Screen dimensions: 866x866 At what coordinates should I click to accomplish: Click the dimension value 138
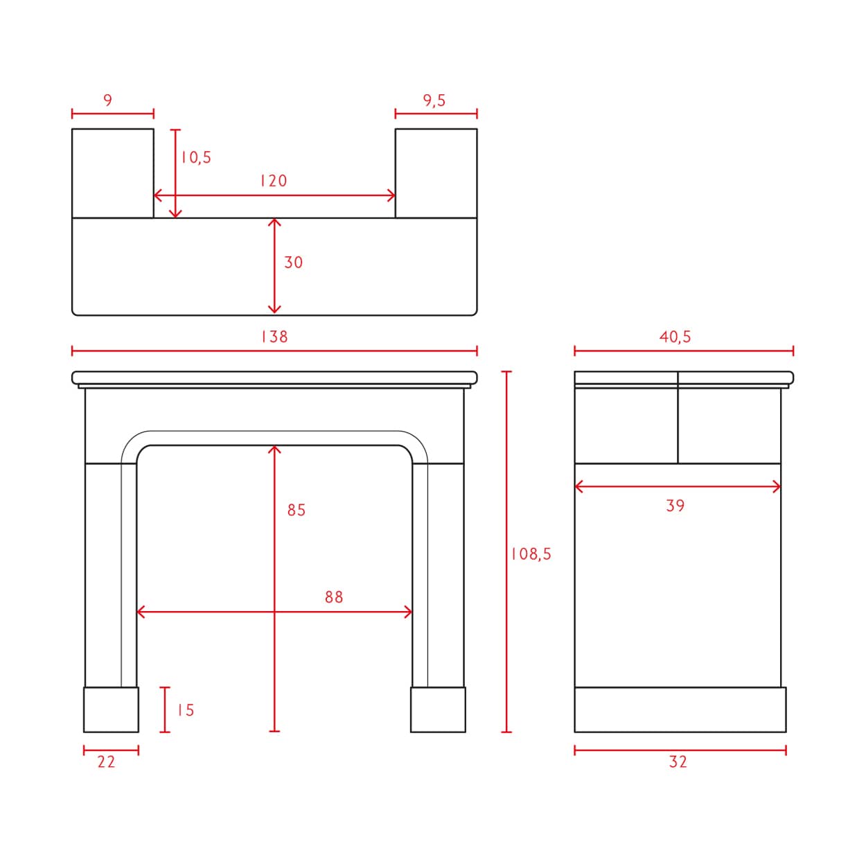274,337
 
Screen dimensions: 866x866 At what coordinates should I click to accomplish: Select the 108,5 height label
531,554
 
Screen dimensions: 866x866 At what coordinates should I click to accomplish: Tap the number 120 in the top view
273,181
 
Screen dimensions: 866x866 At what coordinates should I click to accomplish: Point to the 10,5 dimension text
196,157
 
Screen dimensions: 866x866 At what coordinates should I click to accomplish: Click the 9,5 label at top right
434,100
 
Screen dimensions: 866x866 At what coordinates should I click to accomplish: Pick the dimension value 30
294,263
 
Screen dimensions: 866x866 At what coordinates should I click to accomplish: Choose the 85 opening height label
297,510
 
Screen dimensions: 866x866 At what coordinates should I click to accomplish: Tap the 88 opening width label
334,597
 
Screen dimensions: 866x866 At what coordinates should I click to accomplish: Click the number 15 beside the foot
186,710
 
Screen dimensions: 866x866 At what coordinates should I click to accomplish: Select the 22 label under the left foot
107,762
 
